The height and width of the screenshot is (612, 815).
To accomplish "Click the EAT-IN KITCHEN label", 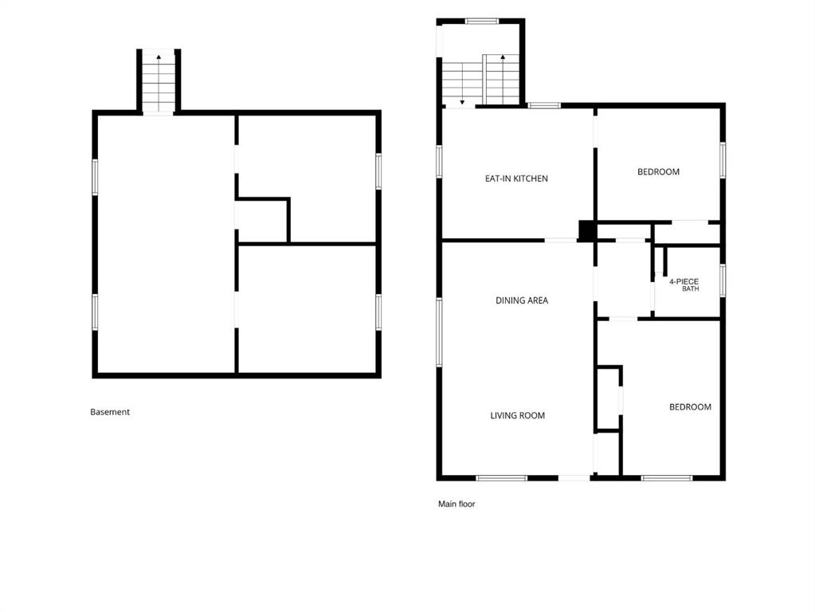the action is pos(516,178).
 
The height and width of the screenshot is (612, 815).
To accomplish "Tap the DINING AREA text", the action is pos(521,300).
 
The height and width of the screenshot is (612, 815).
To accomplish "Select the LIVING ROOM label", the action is pos(518,415).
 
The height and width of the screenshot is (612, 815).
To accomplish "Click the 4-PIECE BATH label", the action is pos(684,285).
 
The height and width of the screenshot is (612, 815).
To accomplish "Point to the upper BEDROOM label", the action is pos(658,171).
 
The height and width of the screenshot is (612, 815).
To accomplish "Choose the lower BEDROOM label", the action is pos(690,406).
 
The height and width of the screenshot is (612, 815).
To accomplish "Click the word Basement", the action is pos(110,412).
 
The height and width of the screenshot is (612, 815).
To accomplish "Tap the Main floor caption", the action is pos(456,504).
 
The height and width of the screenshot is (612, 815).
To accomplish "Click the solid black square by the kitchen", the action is pos(587,231).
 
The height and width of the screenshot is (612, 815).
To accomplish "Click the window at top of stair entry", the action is pos(482,22).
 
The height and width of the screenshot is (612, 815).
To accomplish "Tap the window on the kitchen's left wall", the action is pos(439,162).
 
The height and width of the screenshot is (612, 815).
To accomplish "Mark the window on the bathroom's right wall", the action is pos(723,280).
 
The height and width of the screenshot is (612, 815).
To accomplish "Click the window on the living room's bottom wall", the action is pos(502,478).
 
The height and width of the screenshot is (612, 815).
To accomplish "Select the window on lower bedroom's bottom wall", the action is pos(667,478).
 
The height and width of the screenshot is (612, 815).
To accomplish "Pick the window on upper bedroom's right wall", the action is pos(723,160).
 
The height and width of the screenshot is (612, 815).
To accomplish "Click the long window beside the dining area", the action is pos(439,332).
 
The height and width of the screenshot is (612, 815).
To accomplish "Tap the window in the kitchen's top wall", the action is pos(544,105).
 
